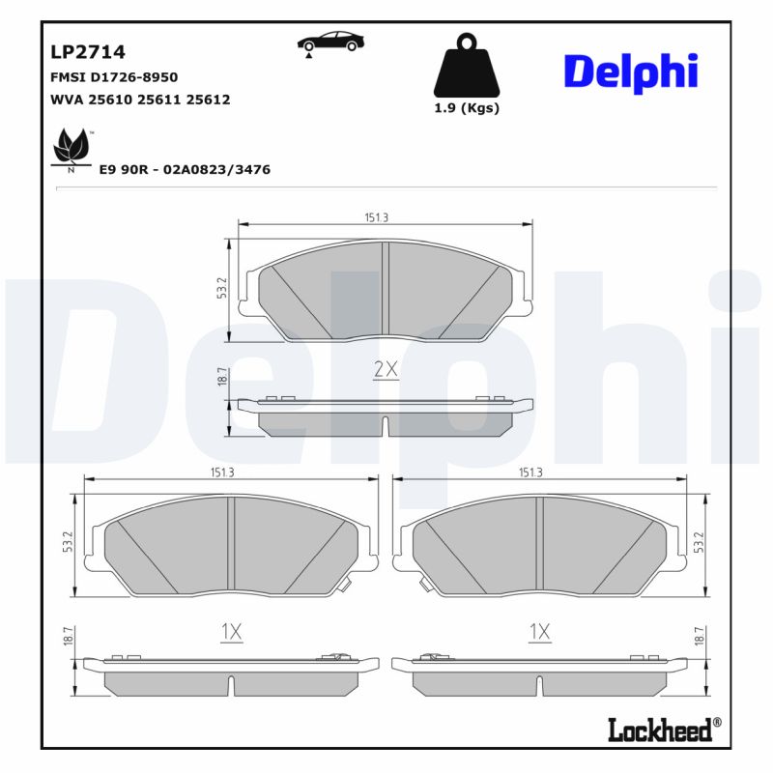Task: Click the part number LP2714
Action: tap(87, 52)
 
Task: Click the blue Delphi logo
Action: tap(630, 72)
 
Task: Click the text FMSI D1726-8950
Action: tap(113, 76)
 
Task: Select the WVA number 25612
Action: tap(208, 100)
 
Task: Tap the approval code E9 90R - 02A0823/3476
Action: tap(185, 169)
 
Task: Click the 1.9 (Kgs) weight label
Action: tap(467, 108)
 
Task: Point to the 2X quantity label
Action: tap(386, 368)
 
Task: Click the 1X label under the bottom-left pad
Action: tap(230, 632)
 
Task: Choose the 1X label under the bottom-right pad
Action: tap(539, 632)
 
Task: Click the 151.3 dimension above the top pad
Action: tap(377, 217)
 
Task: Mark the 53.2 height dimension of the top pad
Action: tap(221, 288)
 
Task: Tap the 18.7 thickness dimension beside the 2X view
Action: tap(221, 378)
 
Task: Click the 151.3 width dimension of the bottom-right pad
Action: tap(530, 472)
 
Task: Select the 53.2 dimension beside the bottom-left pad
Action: tap(69, 544)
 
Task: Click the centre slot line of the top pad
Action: tap(385, 290)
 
